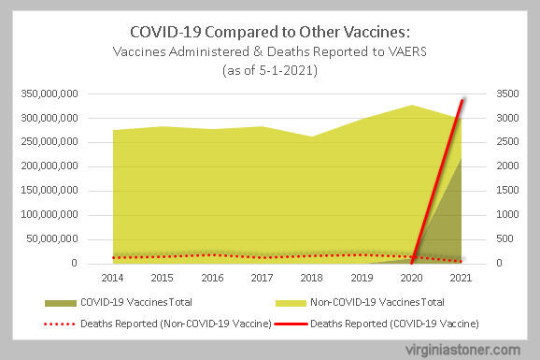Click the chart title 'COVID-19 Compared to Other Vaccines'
point(270,32)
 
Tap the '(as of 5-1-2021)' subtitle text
point(270,70)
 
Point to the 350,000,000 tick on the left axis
point(50,94)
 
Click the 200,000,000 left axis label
point(50,166)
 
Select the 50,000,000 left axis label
point(52,238)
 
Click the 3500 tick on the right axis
point(507,94)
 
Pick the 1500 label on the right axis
point(507,191)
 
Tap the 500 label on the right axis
point(504,238)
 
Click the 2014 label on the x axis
point(112,278)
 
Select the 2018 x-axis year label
point(311,278)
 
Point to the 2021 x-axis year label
point(461,278)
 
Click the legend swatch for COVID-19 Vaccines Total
point(61,303)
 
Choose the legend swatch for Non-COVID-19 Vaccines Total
point(291,303)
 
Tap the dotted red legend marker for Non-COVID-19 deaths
point(59,324)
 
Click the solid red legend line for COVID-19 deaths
point(291,324)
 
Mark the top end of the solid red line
point(462,99)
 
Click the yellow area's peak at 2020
point(412,105)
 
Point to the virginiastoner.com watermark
point(462,351)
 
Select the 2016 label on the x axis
point(212,278)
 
